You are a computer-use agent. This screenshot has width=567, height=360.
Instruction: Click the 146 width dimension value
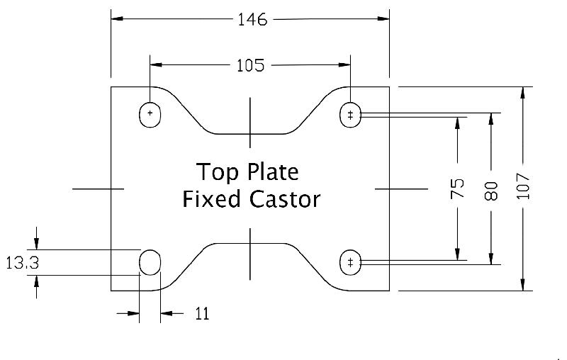(x=252, y=20)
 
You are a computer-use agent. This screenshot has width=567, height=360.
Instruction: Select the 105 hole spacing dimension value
(x=249, y=66)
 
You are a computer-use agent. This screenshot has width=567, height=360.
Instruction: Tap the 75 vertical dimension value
(x=458, y=188)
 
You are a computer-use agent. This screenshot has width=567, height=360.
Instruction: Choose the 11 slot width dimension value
(x=202, y=313)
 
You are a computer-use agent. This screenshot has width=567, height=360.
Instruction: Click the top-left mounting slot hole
(x=150, y=114)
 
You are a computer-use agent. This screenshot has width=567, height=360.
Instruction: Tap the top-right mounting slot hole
(x=350, y=114)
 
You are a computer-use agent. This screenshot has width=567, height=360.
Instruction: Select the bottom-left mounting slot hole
(x=150, y=263)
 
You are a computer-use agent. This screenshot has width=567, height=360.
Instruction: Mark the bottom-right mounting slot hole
(x=350, y=263)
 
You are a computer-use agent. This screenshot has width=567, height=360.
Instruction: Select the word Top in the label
(x=213, y=172)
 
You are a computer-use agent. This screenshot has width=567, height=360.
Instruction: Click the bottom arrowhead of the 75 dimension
(x=458, y=257)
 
